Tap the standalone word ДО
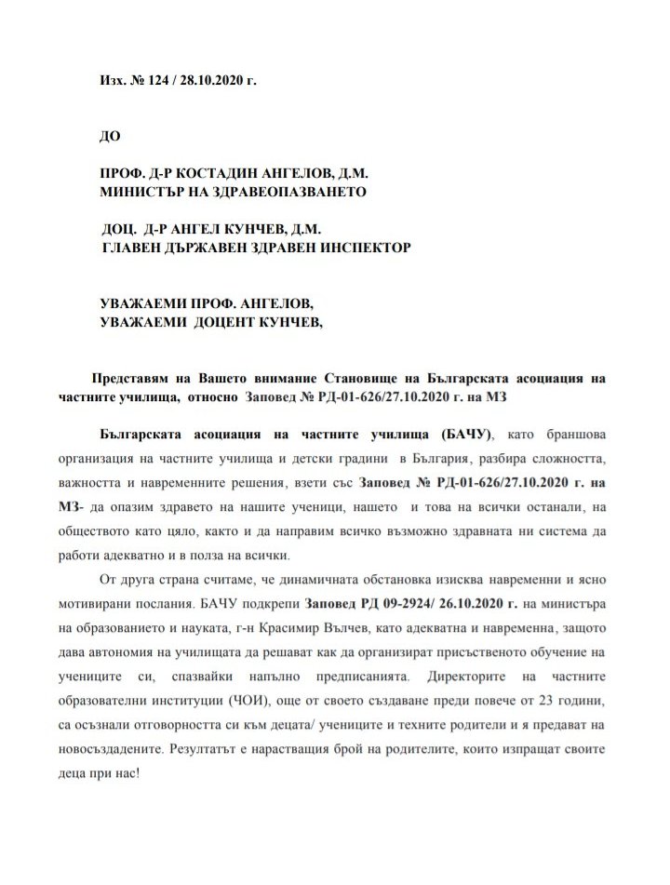coord(109,134)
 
